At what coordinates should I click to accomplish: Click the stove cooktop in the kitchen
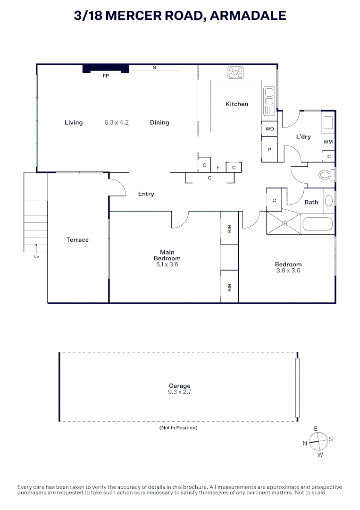tap(235, 72)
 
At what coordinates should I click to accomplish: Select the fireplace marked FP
tap(106, 69)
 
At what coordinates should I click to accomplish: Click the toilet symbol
tap(326, 175)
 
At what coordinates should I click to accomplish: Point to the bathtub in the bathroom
tap(318, 223)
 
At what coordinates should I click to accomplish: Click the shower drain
tap(285, 223)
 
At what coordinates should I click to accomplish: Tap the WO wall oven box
tap(269, 128)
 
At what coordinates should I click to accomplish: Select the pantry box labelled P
tap(269, 149)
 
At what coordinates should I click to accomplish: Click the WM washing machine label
tap(328, 142)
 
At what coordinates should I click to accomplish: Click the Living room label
tap(74, 122)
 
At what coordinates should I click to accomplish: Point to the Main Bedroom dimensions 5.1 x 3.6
tap(167, 264)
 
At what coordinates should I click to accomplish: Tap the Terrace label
tap(77, 240)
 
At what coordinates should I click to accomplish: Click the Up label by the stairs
tap(36, 257)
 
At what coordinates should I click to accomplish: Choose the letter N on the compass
tap(305, 443)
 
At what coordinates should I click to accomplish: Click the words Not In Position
tap(178, 428)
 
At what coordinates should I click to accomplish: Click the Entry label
tap(146, 194)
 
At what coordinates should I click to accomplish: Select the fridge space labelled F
tap(218, 167)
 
